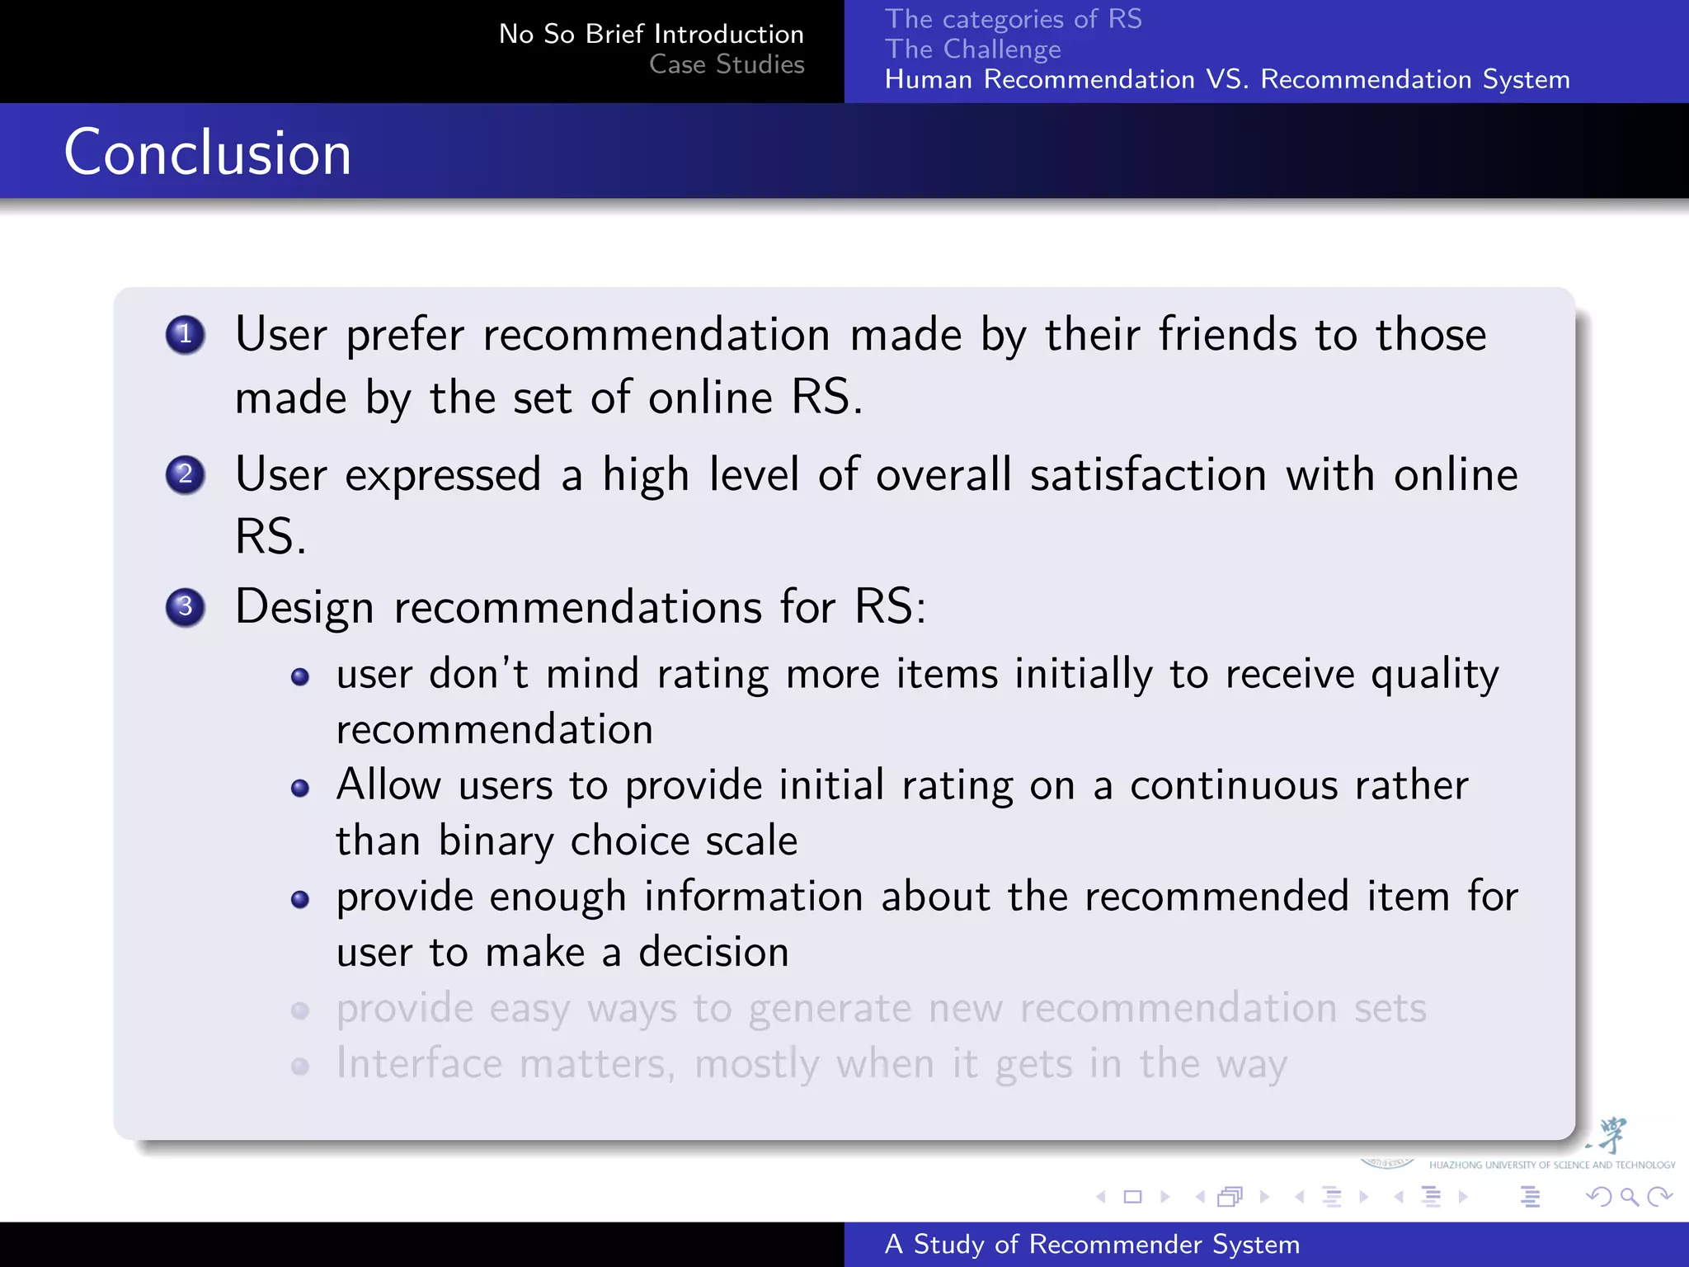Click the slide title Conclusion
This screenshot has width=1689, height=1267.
click(208, 153)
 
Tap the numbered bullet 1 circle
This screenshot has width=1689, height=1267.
click(185, 335)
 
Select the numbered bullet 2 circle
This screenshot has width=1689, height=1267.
click(185, 474)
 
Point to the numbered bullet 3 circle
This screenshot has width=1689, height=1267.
click(185, 607)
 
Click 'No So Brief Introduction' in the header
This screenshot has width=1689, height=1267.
click(651, 34)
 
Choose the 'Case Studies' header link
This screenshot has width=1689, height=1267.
click(727, 64)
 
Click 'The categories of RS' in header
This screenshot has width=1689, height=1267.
click(1013, 19)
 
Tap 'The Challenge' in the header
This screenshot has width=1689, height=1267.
click(972, 49)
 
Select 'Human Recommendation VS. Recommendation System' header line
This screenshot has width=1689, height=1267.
click(1226, 80)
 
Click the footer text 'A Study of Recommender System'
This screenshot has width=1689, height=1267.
click(1092, 1244)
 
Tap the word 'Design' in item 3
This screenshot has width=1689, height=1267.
click(304, 608)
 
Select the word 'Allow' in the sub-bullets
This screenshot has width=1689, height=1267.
click(388, 784)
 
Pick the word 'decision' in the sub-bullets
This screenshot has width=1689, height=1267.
click(713, 953)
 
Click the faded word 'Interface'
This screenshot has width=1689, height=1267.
click(419, 1064)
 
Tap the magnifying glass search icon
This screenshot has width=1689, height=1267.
click(1629, 1197)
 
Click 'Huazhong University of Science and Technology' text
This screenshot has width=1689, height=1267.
click(1551, 1166)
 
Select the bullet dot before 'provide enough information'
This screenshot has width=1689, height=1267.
click(300, 899)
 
